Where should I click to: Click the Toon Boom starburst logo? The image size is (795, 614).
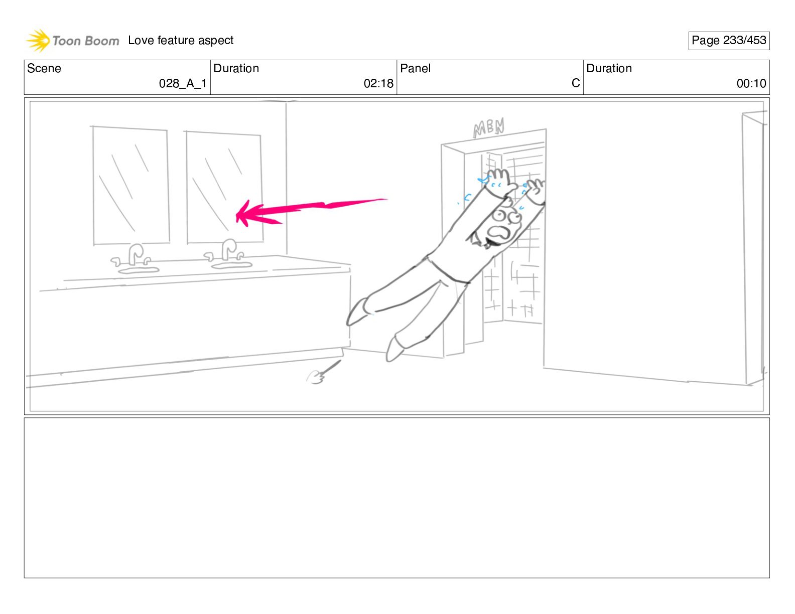coord(38,41)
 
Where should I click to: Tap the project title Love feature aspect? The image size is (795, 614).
coord(181,40)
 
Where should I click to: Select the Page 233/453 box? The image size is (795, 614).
coord(729,41)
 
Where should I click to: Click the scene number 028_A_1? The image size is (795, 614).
coord(183,83)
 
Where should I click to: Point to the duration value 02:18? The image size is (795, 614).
coord(378,83)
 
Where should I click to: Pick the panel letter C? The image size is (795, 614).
coord(576,83)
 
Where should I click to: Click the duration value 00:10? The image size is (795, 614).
coord(751,83)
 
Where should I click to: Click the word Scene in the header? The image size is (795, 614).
coord(44,68)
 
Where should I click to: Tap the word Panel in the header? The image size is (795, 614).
coord(415,68)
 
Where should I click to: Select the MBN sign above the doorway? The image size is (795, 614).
coord(488,128)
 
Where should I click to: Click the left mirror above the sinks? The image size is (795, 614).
coord(131,186)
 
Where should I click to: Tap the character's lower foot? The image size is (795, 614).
coord(394,349)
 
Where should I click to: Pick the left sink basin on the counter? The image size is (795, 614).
coord(139,270)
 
